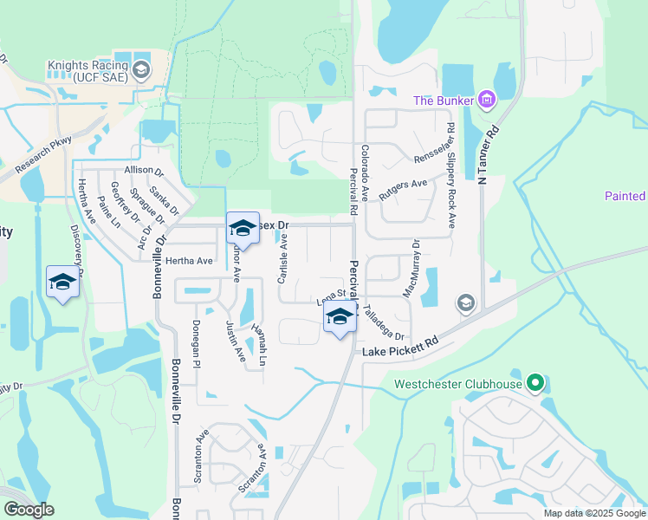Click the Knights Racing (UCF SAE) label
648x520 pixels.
[x=88, y=70]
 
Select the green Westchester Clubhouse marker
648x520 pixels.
[x=535, y=382]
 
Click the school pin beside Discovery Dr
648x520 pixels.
[x=62, y=283]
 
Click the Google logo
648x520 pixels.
[x=29, y=510]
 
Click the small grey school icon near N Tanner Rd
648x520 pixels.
[x=466, y=302]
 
